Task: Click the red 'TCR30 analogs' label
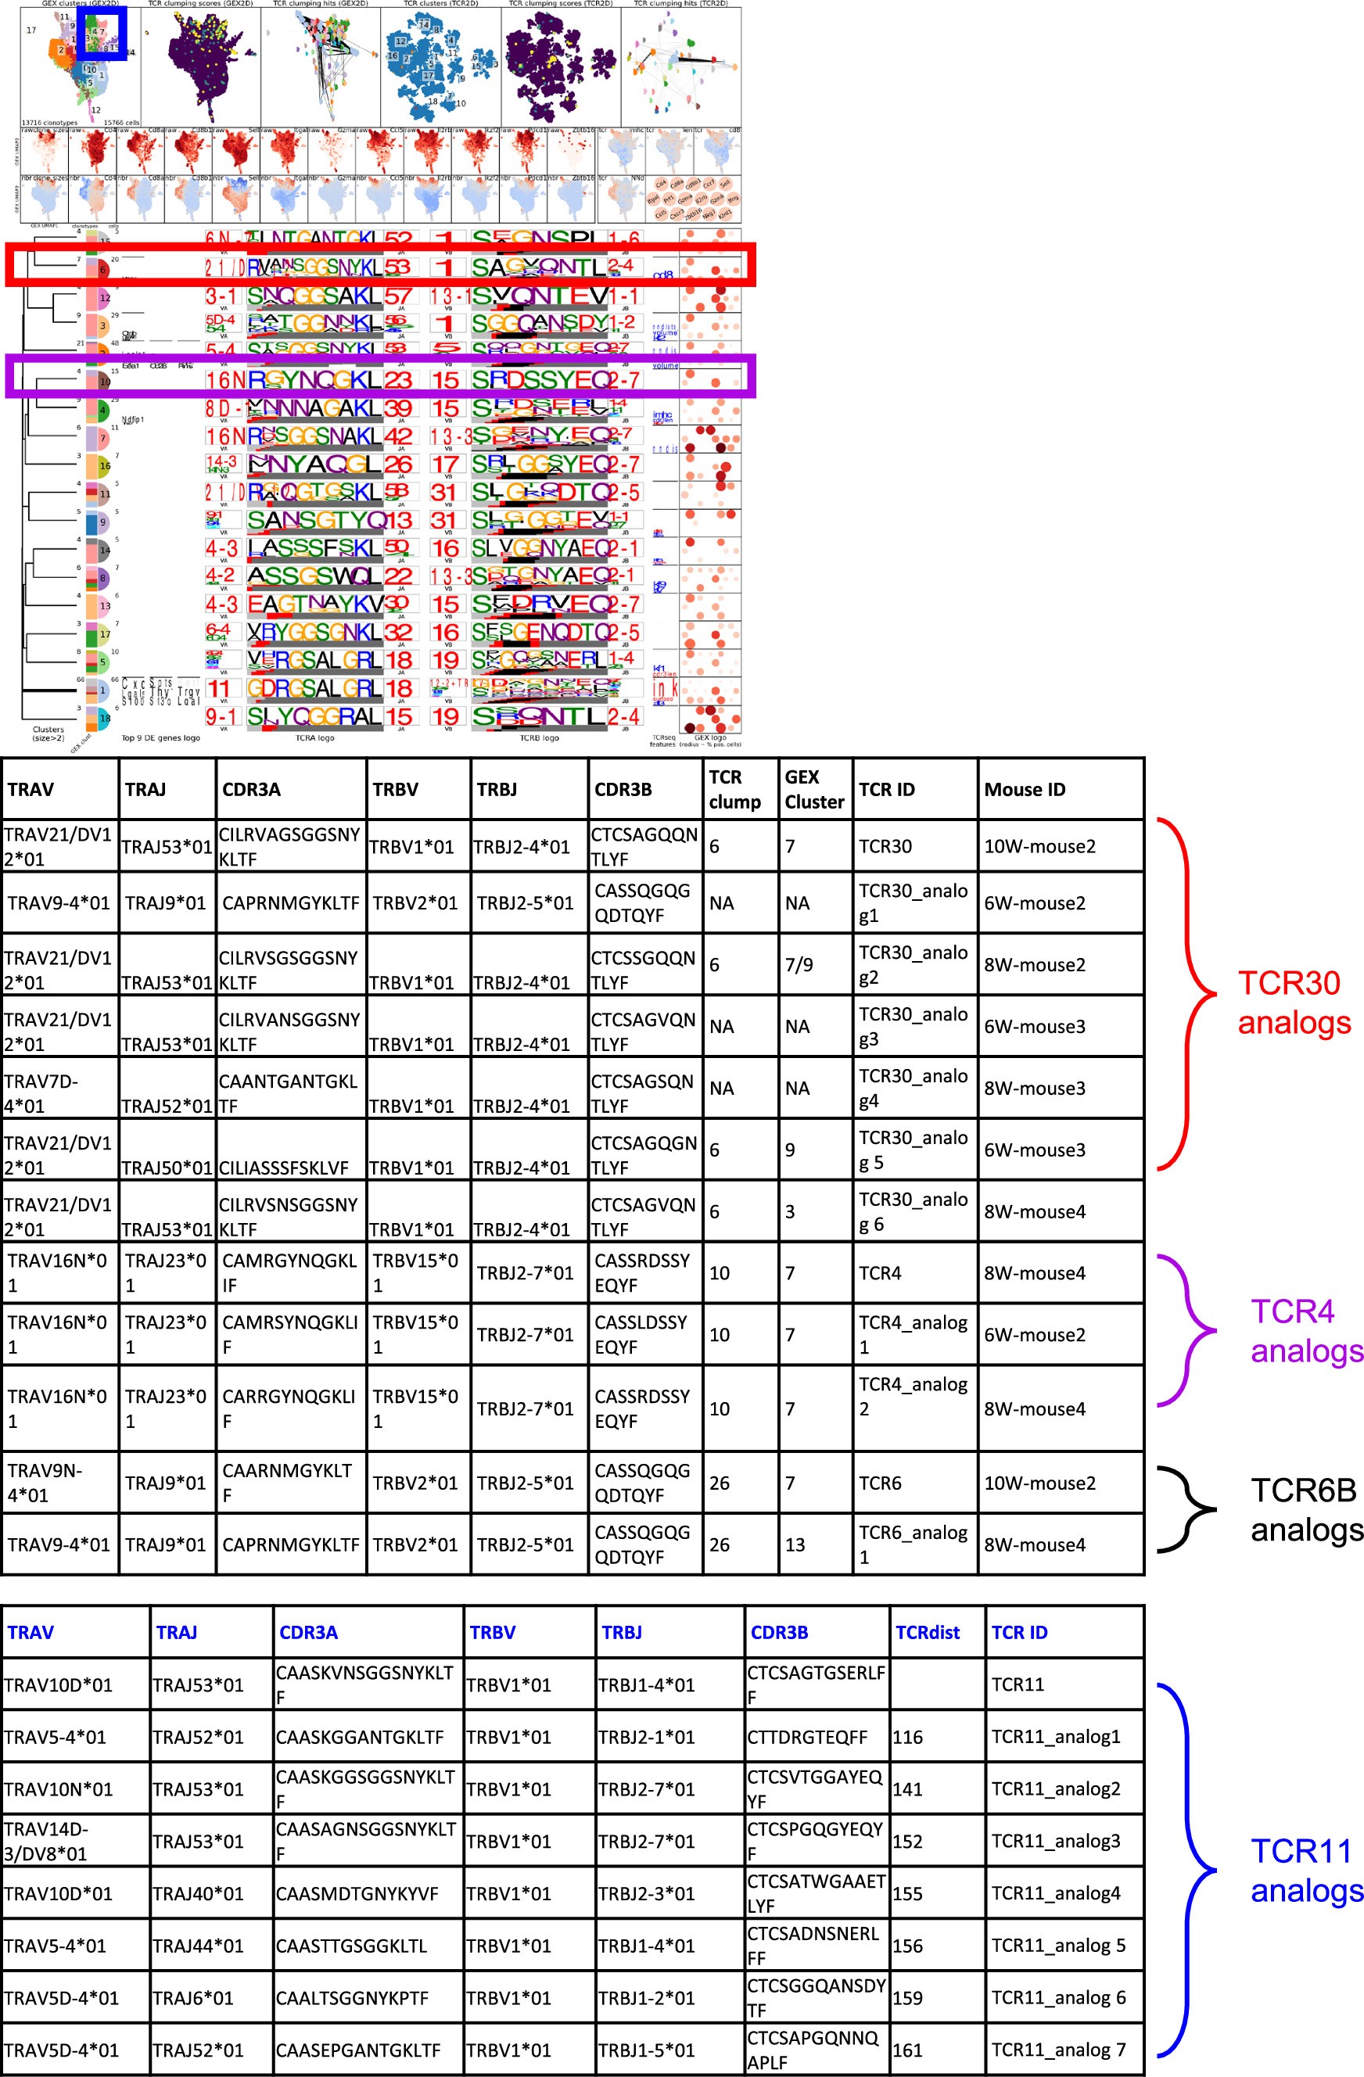pos(1294,1003)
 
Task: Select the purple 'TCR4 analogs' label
pos(1305,1330)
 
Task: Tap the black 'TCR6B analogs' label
pos(1305,1509)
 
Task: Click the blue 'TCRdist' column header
pos(927,1632)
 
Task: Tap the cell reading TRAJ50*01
pos(167,1167)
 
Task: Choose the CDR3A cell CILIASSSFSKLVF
pos(283,1167)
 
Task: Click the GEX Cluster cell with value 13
pos(795,1544)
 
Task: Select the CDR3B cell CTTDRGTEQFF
pos(807,1737)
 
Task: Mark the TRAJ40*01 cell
pos(198,1893)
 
